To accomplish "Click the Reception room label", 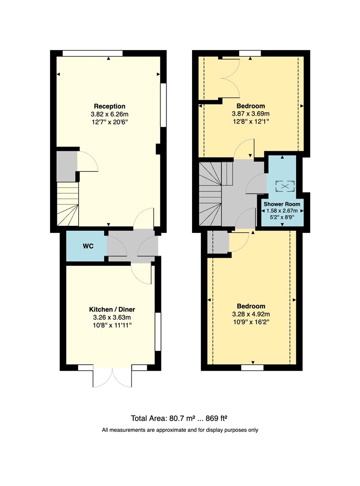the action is (x=110, y=106).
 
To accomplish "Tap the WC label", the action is (x=88, y=246).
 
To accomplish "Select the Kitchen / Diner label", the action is (x=112, y=309).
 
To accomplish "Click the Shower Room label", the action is (x=282, y=204).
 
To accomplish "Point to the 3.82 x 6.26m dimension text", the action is (x=110, y=114).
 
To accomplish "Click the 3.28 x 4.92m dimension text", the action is (x=251, y=314).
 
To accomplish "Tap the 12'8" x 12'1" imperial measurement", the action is (x=251, y=121).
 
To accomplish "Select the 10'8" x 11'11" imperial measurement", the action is (x=112, y=325).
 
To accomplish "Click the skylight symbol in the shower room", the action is (x=285, y=186).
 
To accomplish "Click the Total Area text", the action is (x=179, y=418).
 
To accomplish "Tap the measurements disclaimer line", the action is (x=180, y=430).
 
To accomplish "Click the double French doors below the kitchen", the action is (x=112, y=377).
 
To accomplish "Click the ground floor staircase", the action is (x=68, y=204).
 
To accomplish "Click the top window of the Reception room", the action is (x=93, y=53).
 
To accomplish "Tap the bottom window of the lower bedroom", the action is (x=252, y=368).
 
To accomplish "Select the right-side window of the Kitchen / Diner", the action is (x=158, y=332).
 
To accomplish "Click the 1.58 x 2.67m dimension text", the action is (x=282, y=211).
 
